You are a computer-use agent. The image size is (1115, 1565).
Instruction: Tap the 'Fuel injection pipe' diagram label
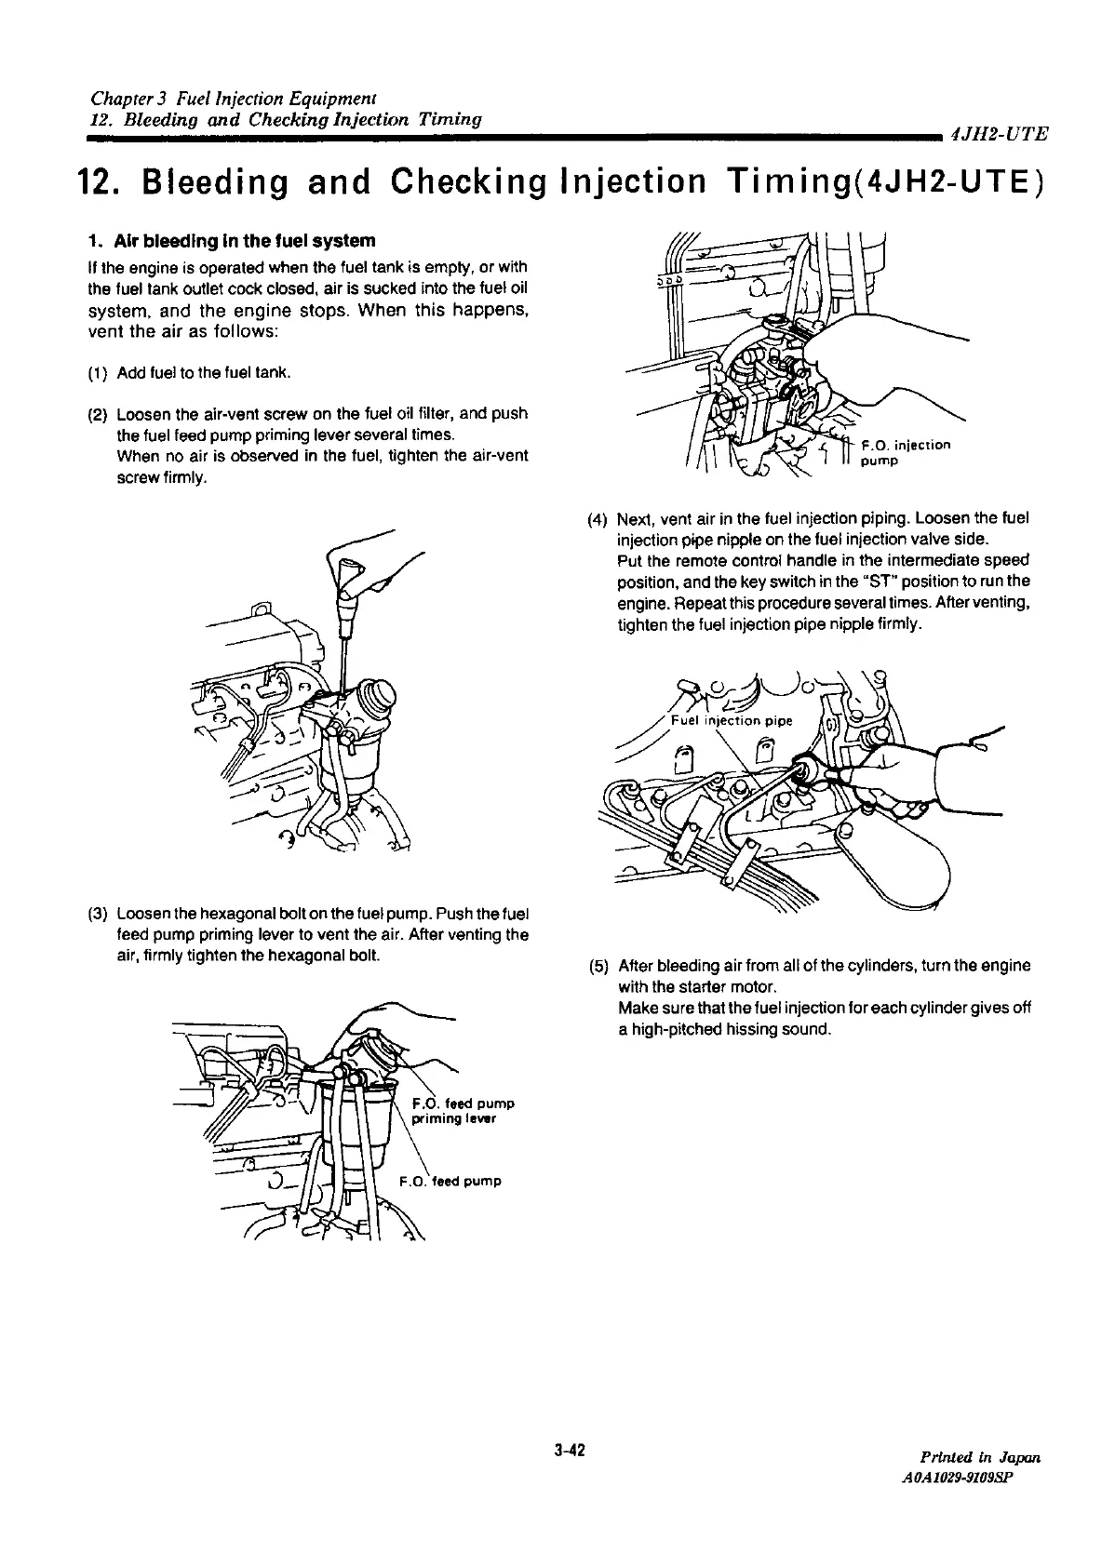coord(732,720)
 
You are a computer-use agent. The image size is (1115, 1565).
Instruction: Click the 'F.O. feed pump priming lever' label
coord(461,1111)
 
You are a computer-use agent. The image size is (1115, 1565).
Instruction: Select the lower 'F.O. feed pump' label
coord(450,1182)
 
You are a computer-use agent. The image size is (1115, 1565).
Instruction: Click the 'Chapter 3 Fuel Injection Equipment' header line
coord(232,98)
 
